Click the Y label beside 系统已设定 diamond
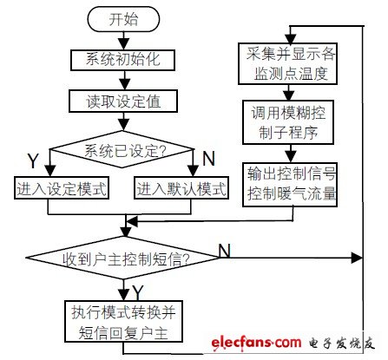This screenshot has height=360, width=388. coord(32,160)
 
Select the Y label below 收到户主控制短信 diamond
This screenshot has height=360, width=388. coord(138,289)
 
